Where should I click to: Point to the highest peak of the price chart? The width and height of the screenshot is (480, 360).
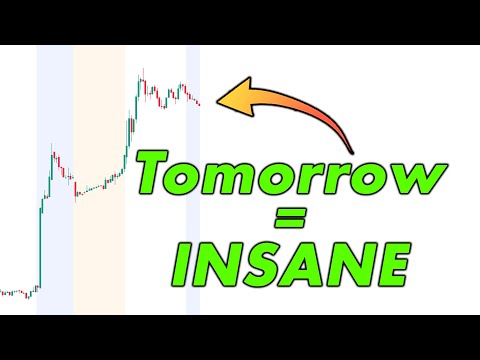point(142,74)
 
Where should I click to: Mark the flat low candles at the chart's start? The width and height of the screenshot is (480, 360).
point(15,292)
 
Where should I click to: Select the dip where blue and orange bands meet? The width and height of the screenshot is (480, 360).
point(76,194)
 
